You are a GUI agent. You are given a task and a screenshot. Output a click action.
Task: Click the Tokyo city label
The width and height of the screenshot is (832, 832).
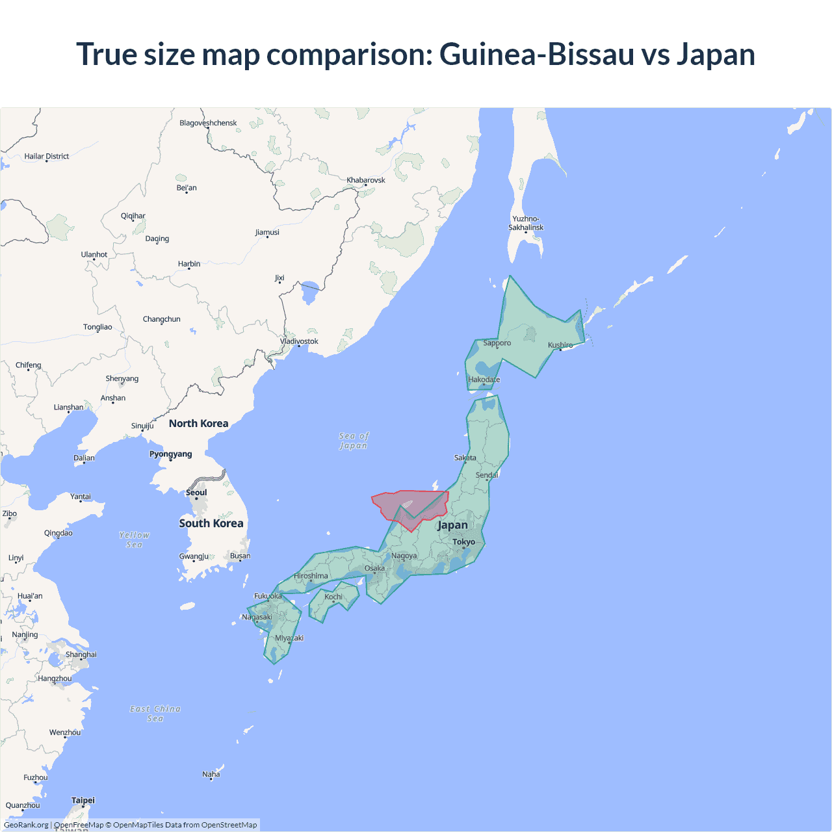tap(463, 541)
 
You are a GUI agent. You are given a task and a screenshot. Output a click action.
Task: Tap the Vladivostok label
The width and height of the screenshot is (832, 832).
tap(299, 341)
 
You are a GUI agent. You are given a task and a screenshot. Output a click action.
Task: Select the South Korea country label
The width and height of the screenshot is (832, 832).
tap(211, 523)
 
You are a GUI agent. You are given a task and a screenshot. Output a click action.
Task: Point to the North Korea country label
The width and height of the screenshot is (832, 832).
tap(198, 423)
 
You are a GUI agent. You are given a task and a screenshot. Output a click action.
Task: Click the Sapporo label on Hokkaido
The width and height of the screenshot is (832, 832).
tap(497, 343)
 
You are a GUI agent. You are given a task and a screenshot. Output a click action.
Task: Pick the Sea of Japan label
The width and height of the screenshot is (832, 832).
tap(354, 441)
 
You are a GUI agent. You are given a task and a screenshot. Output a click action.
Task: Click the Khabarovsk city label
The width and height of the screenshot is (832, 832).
tap(366, 180)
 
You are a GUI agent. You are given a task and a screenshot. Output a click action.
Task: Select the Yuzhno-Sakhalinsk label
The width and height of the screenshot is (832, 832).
tap(526, 223)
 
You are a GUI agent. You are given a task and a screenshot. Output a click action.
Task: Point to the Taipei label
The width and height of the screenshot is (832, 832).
tap(83, 800)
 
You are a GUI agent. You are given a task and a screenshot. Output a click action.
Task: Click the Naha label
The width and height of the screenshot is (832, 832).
tap(211, 774)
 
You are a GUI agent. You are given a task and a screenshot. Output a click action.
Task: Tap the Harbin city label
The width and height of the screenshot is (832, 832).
tap(189, 264)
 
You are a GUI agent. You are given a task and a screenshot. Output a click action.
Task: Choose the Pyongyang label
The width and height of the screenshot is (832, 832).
tap(171, 454)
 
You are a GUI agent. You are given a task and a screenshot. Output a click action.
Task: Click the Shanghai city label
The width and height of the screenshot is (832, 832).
tap(81, 655)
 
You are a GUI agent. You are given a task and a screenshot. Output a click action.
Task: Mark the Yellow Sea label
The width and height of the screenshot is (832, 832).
tap(135, 539)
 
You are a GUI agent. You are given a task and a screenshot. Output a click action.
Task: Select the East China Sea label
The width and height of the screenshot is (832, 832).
tap(155, 714)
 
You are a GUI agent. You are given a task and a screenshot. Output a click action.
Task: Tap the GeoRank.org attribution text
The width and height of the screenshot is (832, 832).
tap(26, 825)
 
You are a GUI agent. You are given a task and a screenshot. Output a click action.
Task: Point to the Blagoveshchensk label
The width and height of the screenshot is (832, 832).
tap(208, 123)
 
